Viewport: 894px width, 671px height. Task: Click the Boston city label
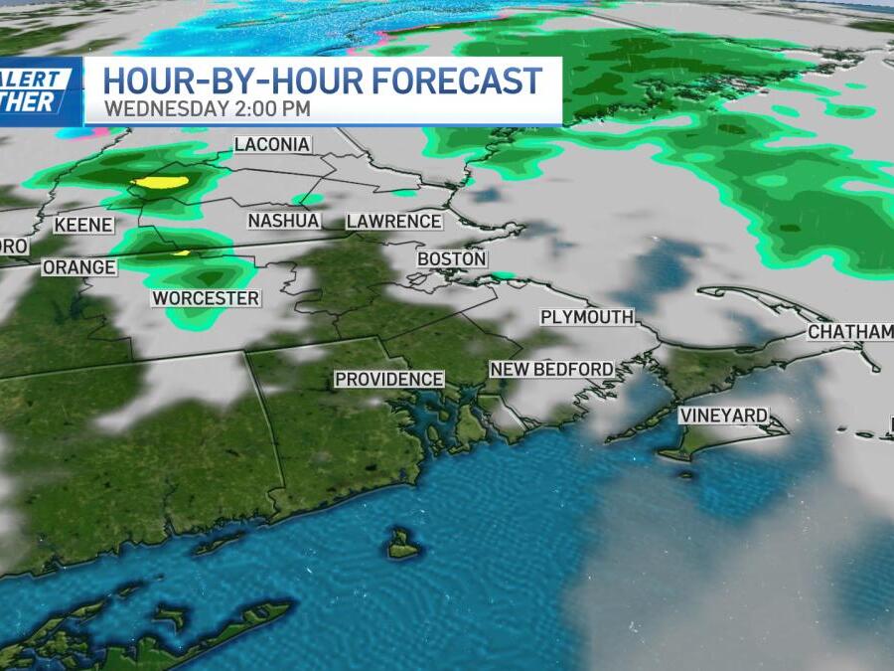[x=452, y=258]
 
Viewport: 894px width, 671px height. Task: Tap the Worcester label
[x=206, y=298]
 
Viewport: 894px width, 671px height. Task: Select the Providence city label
[x=388, y=379]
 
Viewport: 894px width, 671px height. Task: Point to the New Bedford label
[x=552, y=369]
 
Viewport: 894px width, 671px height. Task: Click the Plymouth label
[x=586, y=317]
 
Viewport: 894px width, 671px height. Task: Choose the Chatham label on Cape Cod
[x=849, y=332]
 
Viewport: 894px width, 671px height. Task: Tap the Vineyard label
[x=724, y=416]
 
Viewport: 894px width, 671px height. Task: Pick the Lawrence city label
[x=393, y=221]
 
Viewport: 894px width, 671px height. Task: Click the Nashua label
[x=283, y=221]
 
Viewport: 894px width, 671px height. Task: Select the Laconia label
[x=272, y=145]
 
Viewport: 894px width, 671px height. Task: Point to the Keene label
[x=82, y=226]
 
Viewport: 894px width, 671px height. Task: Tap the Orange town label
[x=78, y=267]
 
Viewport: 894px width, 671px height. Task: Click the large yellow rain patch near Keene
[x=162, y=183]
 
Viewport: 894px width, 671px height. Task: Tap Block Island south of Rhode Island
[x=403, y=544]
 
